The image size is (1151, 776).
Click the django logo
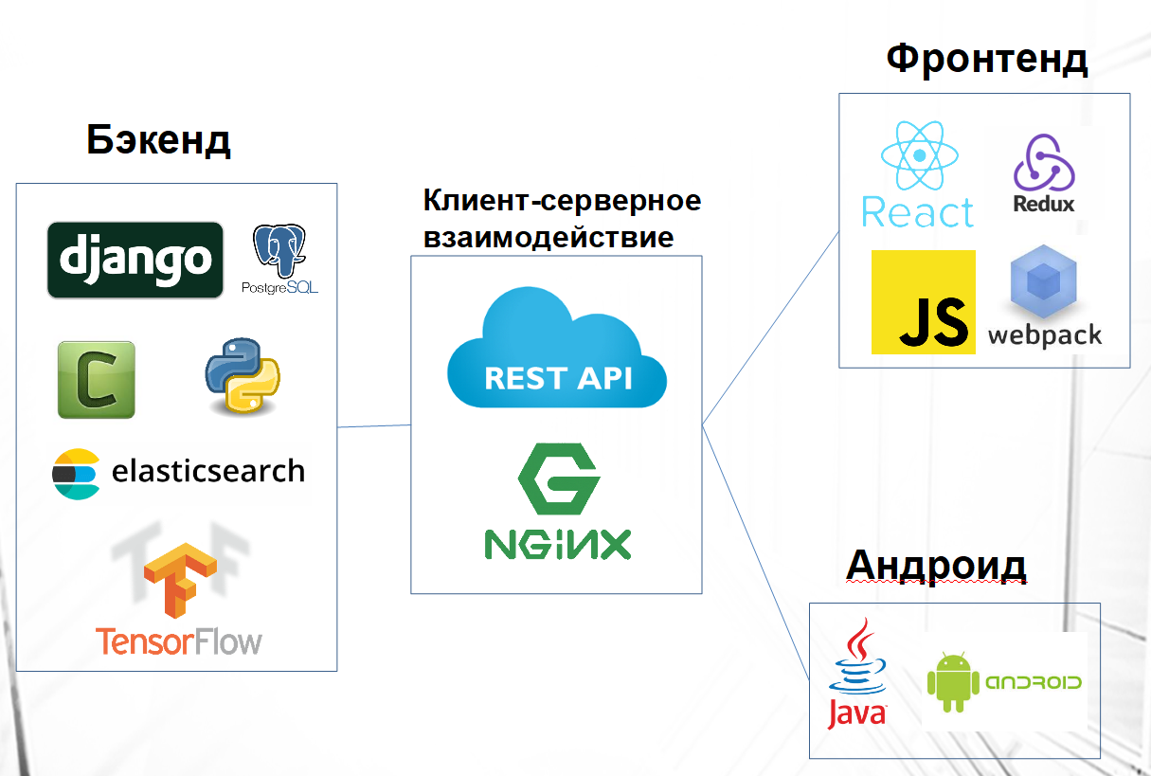(135, 260)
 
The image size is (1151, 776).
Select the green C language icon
(96, 380)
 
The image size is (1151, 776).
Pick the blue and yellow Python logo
(242, 376)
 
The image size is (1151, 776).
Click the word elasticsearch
(208, 471)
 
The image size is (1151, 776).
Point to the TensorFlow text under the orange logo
(179, 641)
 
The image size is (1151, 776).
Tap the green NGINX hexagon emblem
(558, 480)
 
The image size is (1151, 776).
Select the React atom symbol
(915, 156)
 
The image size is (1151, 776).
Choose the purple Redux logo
(1044, 162)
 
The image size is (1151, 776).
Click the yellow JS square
(924, 302)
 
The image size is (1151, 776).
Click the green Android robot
(952, 681)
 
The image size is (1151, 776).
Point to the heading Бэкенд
(159, 140)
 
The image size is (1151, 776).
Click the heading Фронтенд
(987, 58)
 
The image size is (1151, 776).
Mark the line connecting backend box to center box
(374, 426)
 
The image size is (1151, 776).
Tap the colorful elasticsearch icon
(76, 472)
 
